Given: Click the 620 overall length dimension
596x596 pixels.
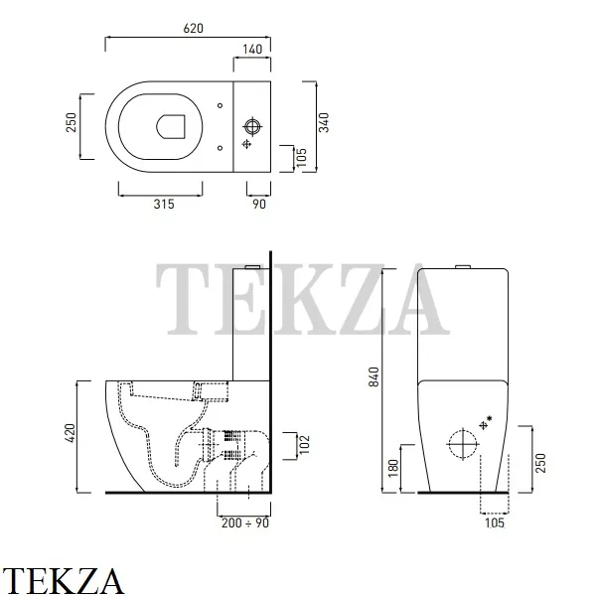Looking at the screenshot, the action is click(193, 29).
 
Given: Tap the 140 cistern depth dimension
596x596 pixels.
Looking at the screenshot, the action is click(252, 50).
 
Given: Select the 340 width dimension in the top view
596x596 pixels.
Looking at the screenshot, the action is click(324, 122).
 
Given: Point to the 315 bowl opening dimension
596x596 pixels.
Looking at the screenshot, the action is click(164, 204).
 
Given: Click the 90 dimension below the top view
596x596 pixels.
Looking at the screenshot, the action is click(259, 204).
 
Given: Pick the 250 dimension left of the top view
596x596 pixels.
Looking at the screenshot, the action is click(72, 122).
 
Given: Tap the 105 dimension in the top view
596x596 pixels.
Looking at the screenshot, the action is click(301, 157).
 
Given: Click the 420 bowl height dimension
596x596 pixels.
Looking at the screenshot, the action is click(71, 433).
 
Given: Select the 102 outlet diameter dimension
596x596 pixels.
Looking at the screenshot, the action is click(305, 445).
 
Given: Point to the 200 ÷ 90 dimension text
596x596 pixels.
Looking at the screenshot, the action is click(245, 523).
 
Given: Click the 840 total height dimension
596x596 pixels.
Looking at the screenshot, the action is click(374, 377).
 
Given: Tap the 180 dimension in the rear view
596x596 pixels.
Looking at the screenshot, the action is click(393, 469).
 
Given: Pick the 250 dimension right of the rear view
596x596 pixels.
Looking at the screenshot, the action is click(540, 463).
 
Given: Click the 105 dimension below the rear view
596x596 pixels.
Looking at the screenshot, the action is click(495, 523).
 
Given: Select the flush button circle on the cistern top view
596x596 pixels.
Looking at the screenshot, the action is click(252, 126).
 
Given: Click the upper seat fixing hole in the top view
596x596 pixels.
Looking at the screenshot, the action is click(221, 105).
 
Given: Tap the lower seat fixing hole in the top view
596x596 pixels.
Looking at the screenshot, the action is click(221, 148).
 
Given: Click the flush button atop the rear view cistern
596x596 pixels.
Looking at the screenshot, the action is click(463, 267).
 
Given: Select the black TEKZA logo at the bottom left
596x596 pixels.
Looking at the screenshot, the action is click(63, 581).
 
